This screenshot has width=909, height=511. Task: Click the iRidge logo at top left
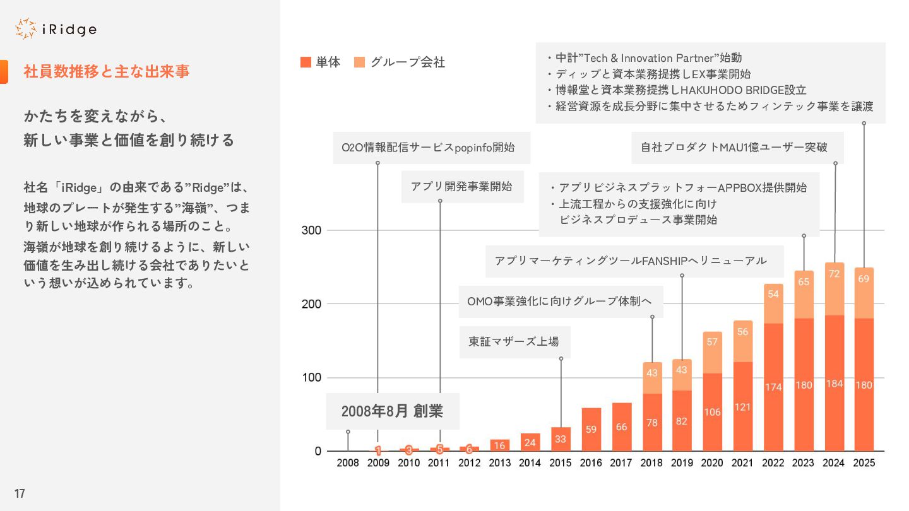(56, 29)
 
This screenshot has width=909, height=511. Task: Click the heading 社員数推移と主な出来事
(107, 71)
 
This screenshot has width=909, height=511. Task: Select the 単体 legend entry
(321, 62)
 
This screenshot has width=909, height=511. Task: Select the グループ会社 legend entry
(400, 62)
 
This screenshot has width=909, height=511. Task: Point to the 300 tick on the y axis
(312, 230)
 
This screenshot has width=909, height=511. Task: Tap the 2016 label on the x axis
(591, 463)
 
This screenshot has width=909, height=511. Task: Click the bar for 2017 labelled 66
(622, 427)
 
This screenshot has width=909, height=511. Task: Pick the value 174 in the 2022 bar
(773, 387)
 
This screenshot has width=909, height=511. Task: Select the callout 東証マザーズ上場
(514, 342)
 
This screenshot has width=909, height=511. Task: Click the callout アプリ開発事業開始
(461, 187)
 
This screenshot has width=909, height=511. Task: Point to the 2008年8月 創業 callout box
(392, 411)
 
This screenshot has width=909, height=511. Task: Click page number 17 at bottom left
(20, 493)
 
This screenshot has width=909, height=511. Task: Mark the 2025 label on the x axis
(864, 463)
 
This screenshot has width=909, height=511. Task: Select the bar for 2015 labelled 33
(561, 439)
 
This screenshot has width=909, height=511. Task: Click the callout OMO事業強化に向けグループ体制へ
(559, 302)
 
